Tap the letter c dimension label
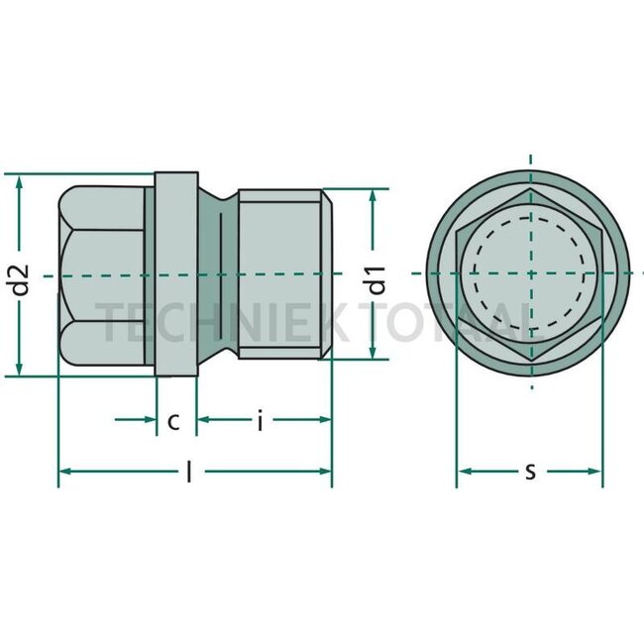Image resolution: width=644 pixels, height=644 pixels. (x=173, y=421)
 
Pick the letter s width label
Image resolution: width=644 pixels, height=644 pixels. (x=530, y=472)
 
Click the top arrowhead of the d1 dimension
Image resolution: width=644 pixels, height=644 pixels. (x=374, y=195)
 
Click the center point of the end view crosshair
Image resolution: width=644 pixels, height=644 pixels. (x=530, y=274)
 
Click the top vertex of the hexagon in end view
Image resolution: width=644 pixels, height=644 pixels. (x=530, y=188)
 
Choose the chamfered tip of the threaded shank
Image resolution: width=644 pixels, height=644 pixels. (x=325, y=274)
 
